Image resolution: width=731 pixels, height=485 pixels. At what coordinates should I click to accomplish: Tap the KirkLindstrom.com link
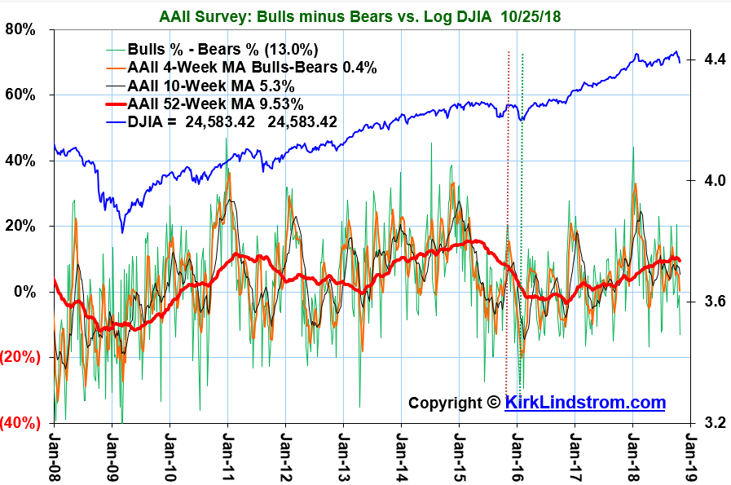click(x=585, y=403)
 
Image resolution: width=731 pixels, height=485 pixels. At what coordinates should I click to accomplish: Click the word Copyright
click(x=446, y=403)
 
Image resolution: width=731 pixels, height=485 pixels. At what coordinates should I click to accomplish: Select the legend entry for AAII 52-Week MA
click(x=216, y=104)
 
